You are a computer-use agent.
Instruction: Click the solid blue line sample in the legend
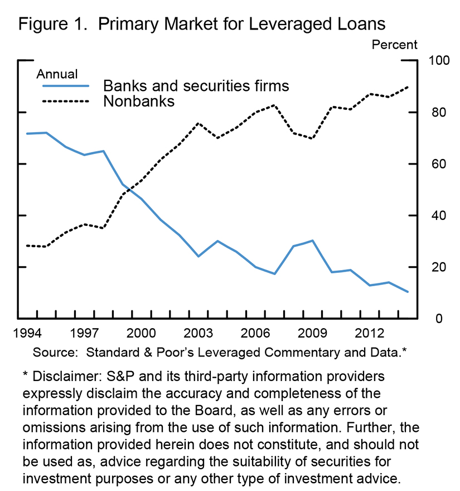point(66,86)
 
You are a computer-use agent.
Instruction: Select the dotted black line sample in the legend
point(66,102)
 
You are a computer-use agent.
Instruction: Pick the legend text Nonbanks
point(139,101)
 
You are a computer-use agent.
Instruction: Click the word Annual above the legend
point(57,74)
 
